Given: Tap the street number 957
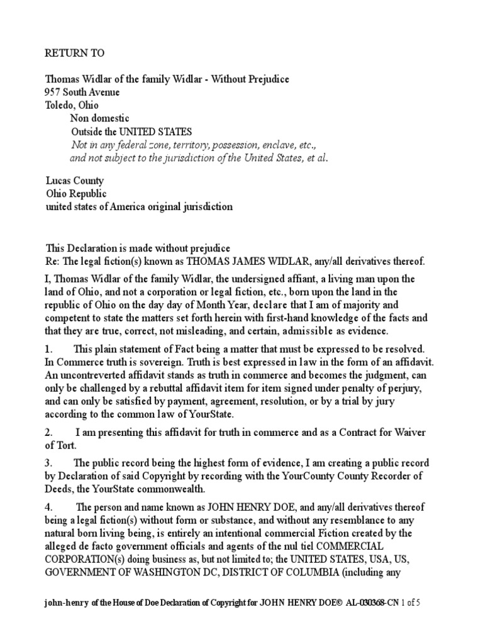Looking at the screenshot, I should click(55, 92).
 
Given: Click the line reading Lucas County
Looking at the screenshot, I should click(74, 181).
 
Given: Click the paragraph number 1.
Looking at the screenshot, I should click(48, 348).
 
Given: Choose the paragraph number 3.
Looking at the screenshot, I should click(48, 464).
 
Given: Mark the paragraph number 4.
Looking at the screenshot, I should click(48, 507).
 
